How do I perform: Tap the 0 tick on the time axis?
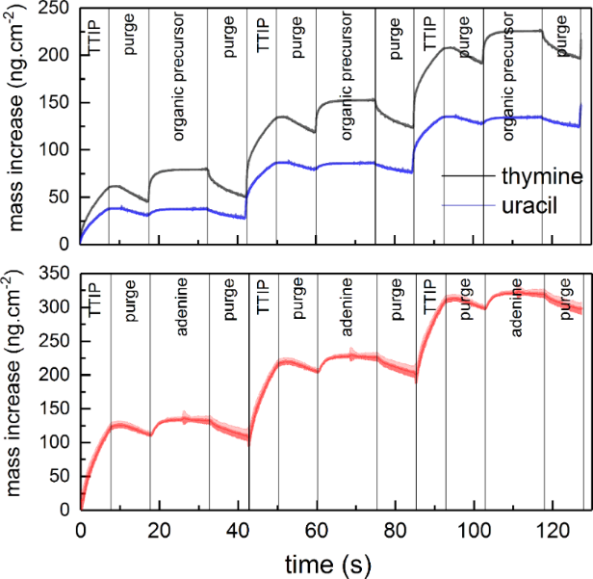(80, 528)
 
